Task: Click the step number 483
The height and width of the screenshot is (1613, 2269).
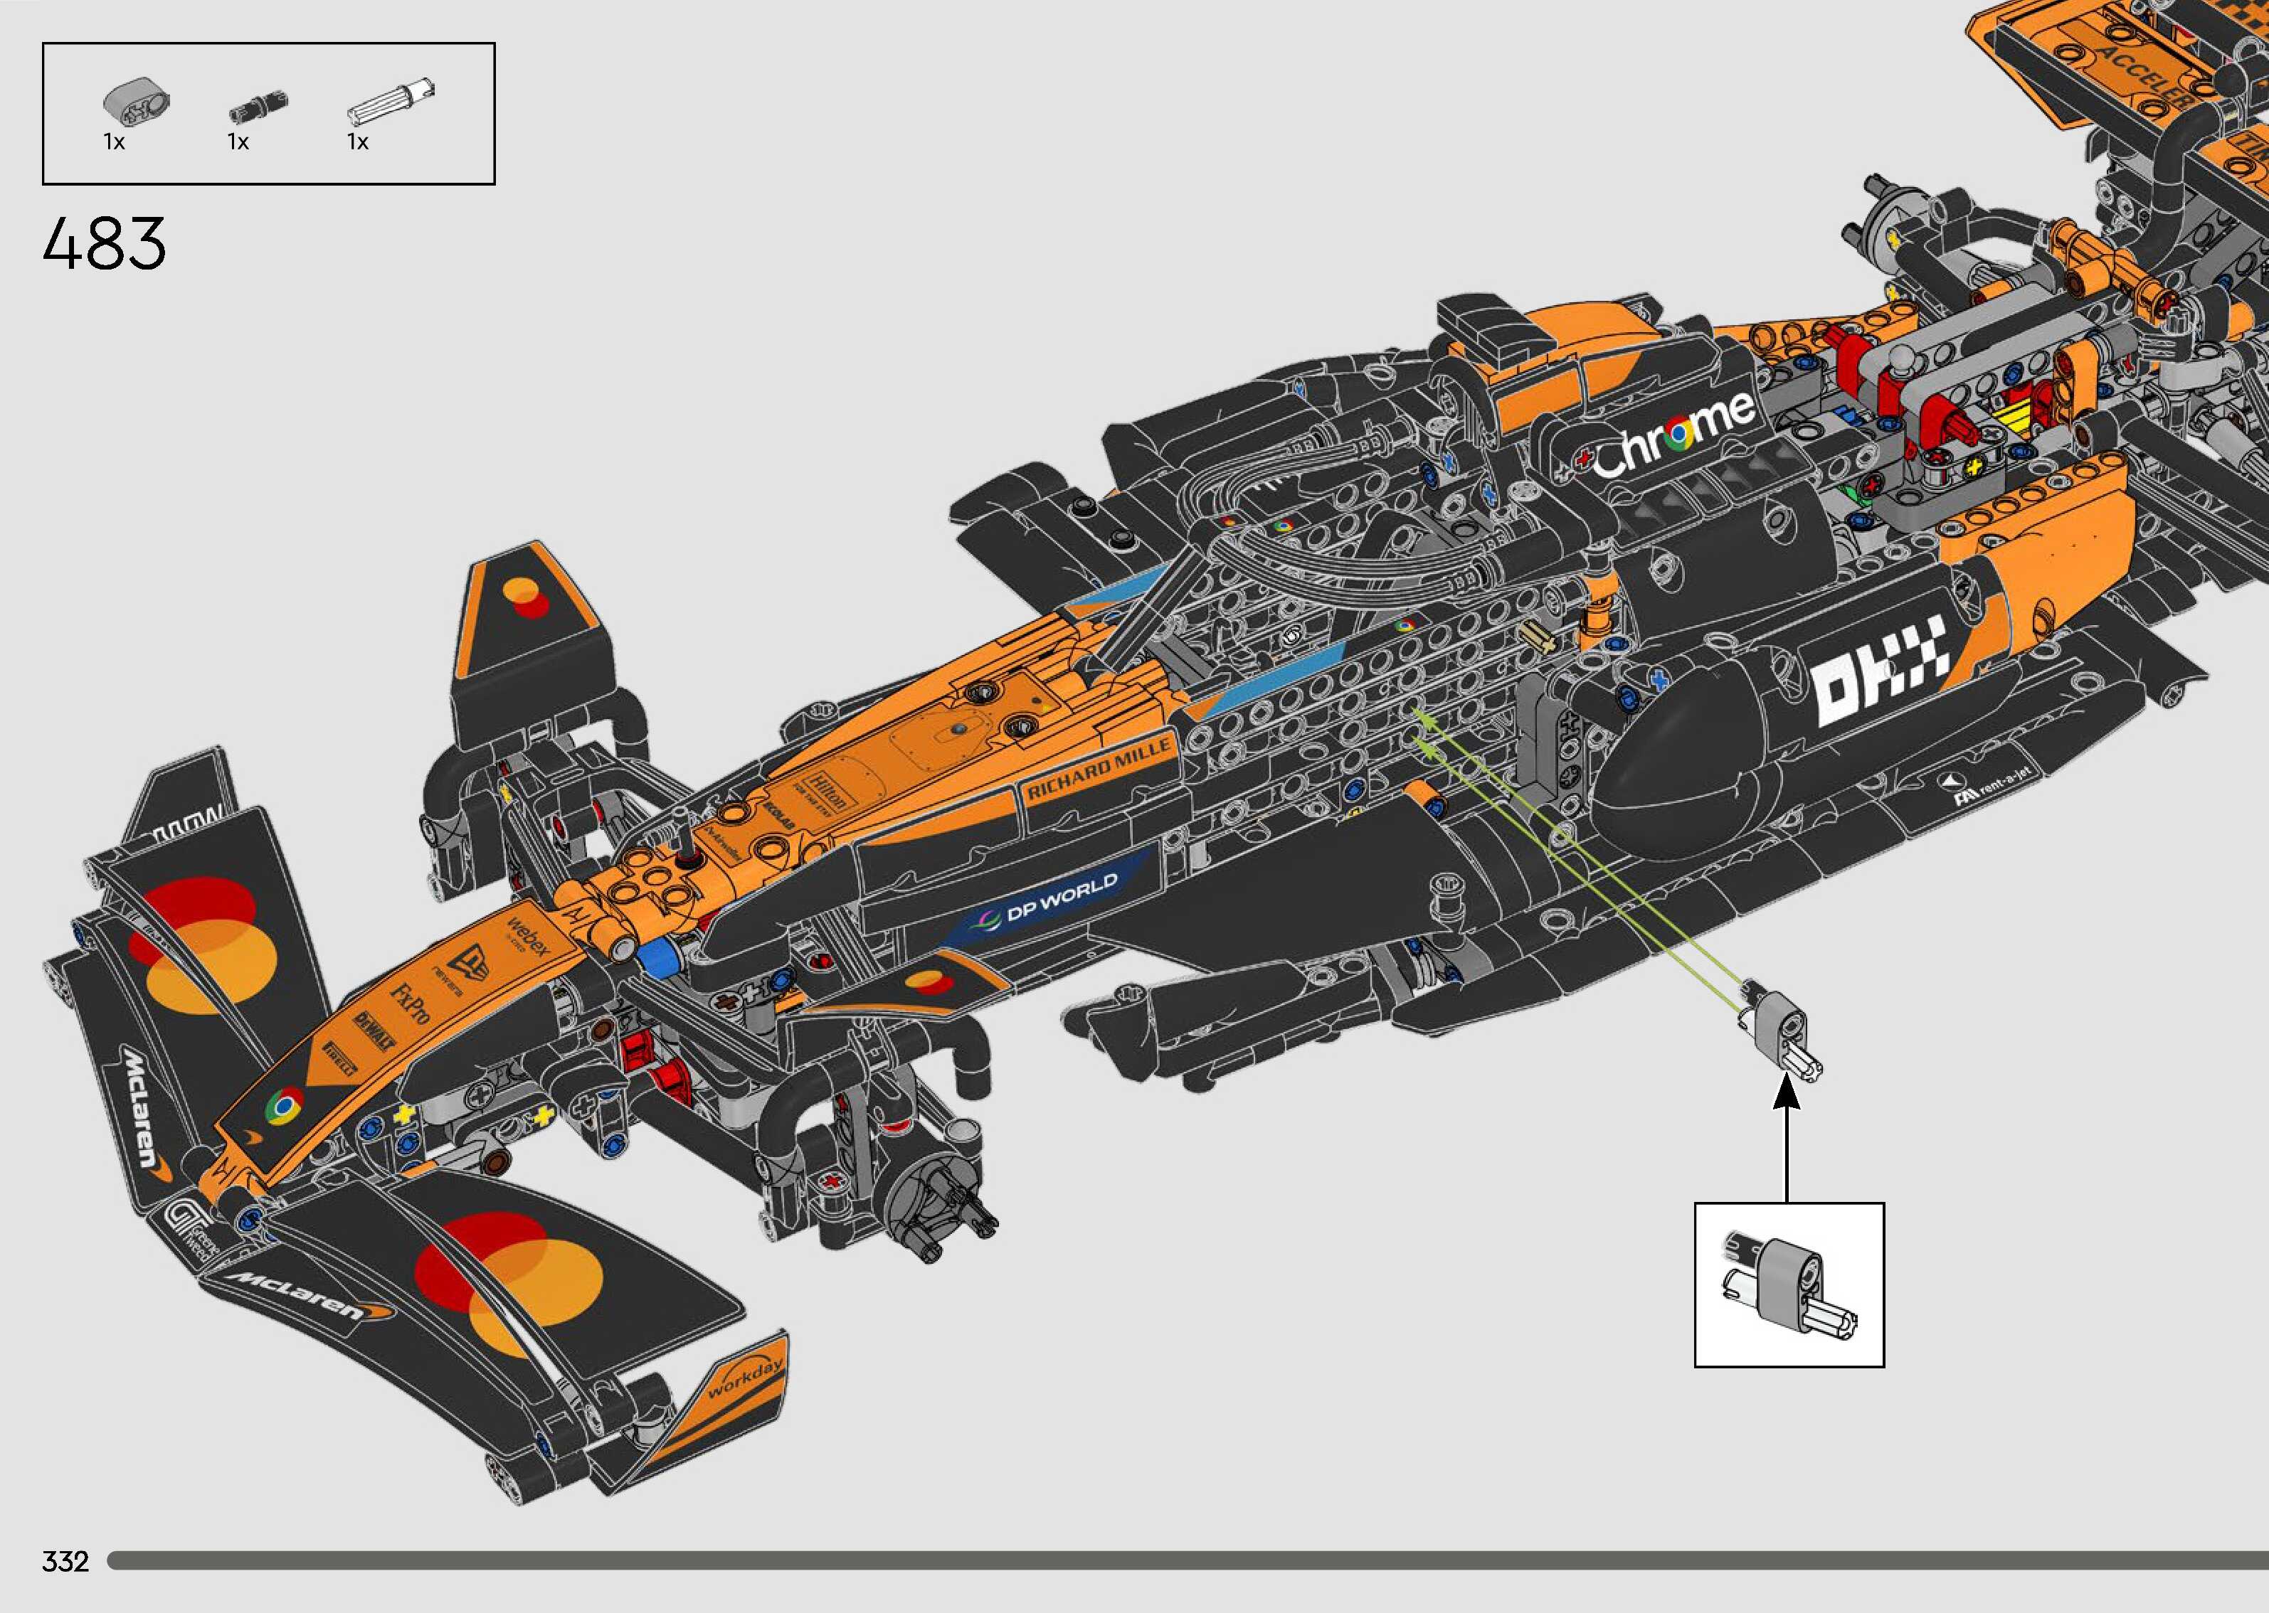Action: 105,245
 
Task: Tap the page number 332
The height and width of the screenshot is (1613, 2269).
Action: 65,1561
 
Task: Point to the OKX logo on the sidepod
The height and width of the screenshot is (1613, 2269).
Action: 1878,666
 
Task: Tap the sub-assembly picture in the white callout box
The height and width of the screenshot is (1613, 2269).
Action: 1788,1285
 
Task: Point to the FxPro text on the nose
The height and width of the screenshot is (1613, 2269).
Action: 411,1004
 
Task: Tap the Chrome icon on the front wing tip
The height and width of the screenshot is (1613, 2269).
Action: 284,1105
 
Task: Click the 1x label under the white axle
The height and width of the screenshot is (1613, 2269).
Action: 358,143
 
